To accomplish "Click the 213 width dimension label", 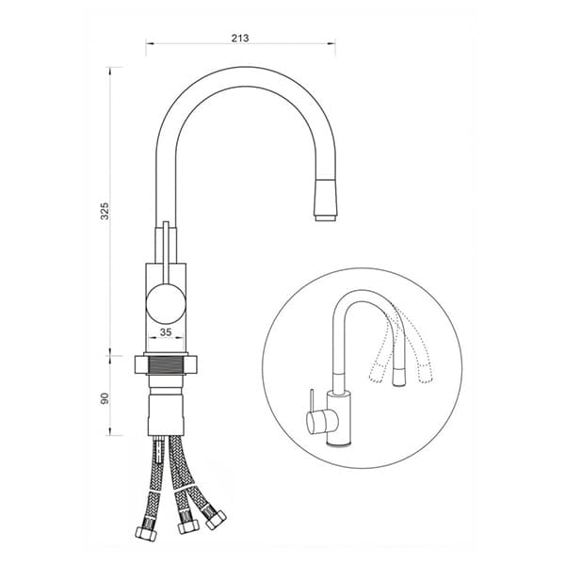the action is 240,39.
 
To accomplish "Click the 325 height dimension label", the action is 105,211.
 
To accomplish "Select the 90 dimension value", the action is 105,398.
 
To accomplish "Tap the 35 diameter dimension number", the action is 166,331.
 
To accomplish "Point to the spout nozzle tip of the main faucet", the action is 326,218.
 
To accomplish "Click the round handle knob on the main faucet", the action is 166,303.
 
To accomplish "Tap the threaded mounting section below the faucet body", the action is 166,364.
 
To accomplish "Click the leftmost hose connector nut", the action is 146,534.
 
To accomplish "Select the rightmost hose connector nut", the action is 217,520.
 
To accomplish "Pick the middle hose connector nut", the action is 188,526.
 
